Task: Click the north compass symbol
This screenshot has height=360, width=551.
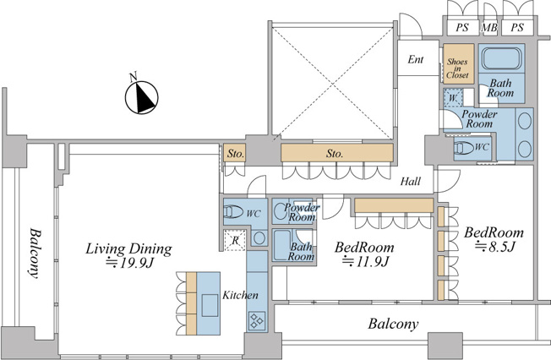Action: (142, 96)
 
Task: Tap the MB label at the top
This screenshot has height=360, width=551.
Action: (489, 27)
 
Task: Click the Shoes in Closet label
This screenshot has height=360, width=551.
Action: (457, 68)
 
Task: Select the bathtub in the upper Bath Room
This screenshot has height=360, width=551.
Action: (501, 58)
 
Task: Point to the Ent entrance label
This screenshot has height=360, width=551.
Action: (415, 59)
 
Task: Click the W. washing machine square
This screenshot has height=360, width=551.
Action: (453, 97)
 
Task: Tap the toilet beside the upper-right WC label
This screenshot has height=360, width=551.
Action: (462, 148)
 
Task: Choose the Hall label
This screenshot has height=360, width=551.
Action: (411, 182)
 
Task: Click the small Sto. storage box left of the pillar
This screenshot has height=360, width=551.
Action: (235, 153)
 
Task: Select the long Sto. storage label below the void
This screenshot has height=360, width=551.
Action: (334, 153)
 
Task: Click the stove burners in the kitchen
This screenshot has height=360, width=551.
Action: (257, 321)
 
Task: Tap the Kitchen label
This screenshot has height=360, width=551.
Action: (240, 295)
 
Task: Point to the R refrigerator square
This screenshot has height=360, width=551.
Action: (235, 241)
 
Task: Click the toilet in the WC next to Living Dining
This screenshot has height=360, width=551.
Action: (233, 212)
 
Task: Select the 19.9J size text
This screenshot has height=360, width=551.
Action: (130, 263)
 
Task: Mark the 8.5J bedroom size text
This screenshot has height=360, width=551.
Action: (494, 247)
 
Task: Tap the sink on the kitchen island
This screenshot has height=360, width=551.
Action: (210, 306)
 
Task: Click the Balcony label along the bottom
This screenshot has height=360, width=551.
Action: (393, 324)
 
